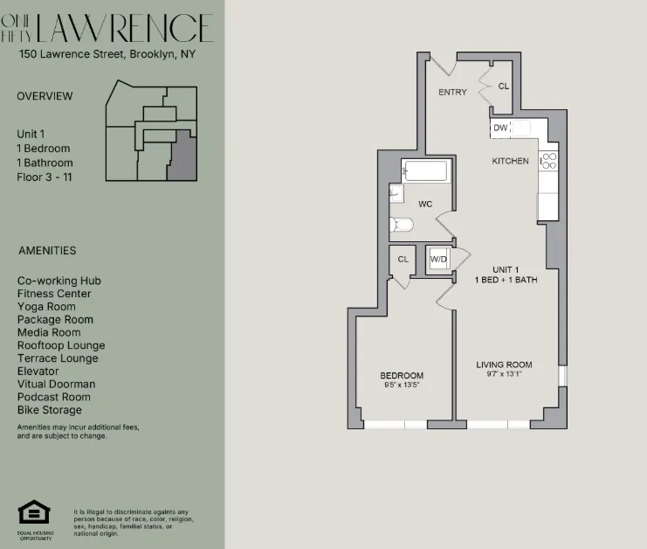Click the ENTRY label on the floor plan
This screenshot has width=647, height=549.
tap(453, 91)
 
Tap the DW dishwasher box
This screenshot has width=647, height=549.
tap(500, 129)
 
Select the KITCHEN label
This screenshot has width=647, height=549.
tap(510, 161)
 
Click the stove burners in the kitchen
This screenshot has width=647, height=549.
tap(549, 160)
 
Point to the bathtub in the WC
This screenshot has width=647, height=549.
tap(425, 171)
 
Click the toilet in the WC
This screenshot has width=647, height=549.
tap(402, 225)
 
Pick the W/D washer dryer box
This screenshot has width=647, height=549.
tap(437, 259)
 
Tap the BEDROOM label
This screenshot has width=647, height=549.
tap(402, 376)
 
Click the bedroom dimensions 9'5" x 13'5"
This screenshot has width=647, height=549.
tap(402, 386)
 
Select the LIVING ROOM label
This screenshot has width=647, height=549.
tap(504, 365)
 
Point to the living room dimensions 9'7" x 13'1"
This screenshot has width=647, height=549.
tap(504, 375)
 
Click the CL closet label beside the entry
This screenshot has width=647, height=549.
tap(503, 87)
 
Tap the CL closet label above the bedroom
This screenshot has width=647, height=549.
tap(403, 259)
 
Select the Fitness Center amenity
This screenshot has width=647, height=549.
tap(54, 294)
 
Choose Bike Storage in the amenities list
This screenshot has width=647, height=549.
tap(50, 410)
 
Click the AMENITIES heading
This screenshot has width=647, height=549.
tap(47, 251)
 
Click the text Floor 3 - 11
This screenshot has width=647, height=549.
tap(44, 177)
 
